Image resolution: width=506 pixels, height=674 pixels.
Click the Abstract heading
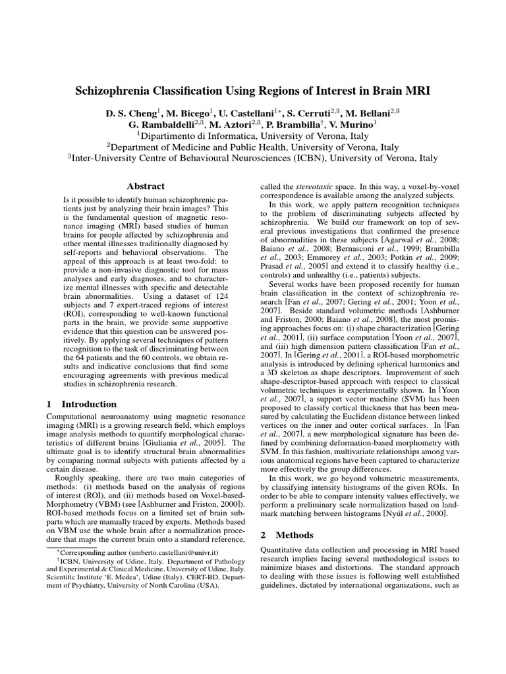pyautogui.click(x=146, y=186)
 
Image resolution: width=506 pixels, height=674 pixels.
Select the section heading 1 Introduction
pyautogui.click(x=82, y=403)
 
